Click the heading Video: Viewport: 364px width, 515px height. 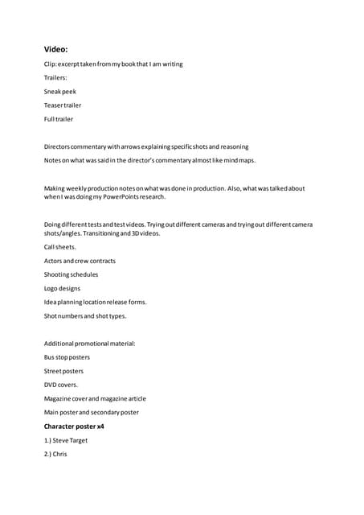[x=55, y=49]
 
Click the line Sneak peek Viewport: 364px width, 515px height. [x=60, y=92]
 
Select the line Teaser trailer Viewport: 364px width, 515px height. [x=63, y=105]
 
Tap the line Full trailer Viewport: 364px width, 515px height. [x=59, y=119]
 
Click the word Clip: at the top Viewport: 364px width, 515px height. [x=51, y=64]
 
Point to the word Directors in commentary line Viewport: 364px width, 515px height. [x=57, y=146]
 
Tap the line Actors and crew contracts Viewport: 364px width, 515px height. [x=80, y=261]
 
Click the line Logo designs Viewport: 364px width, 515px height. [x=62, y=288]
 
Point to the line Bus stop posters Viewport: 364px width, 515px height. [x=67, y=357]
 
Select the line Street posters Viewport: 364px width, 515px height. [x=63, y=371]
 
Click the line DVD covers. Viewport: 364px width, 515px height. [x=61, y=385]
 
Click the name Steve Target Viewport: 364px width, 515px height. [x=70, y=440]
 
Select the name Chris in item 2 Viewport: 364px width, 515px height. [x=59, y=454]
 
